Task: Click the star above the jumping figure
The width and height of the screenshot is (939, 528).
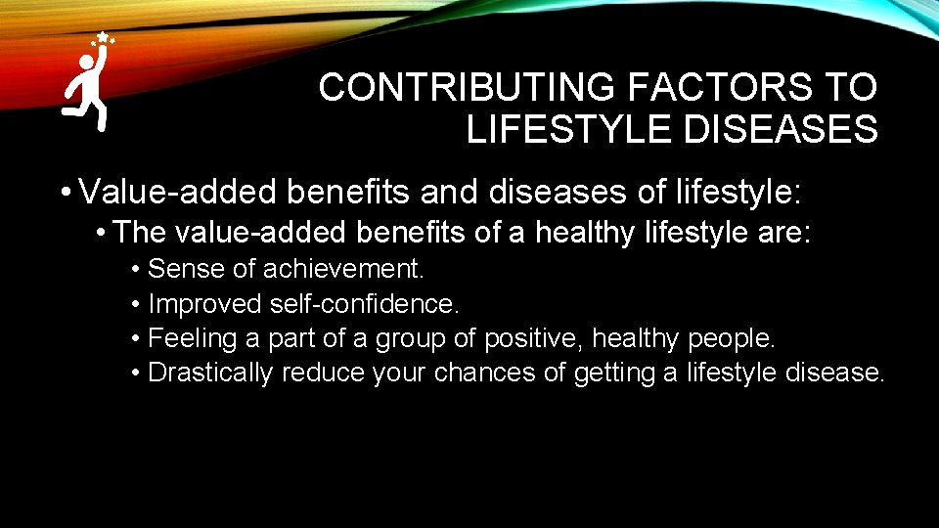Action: coord(102,37)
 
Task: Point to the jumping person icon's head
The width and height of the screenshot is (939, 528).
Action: coord(86,63)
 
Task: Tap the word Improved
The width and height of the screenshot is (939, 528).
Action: coord(203,304)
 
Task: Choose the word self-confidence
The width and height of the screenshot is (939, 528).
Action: coord(363,304)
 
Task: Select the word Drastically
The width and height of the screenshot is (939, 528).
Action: coord(210,374)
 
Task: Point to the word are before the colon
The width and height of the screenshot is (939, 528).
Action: coord(778,234)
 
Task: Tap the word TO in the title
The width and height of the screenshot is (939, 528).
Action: coord(851,88)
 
